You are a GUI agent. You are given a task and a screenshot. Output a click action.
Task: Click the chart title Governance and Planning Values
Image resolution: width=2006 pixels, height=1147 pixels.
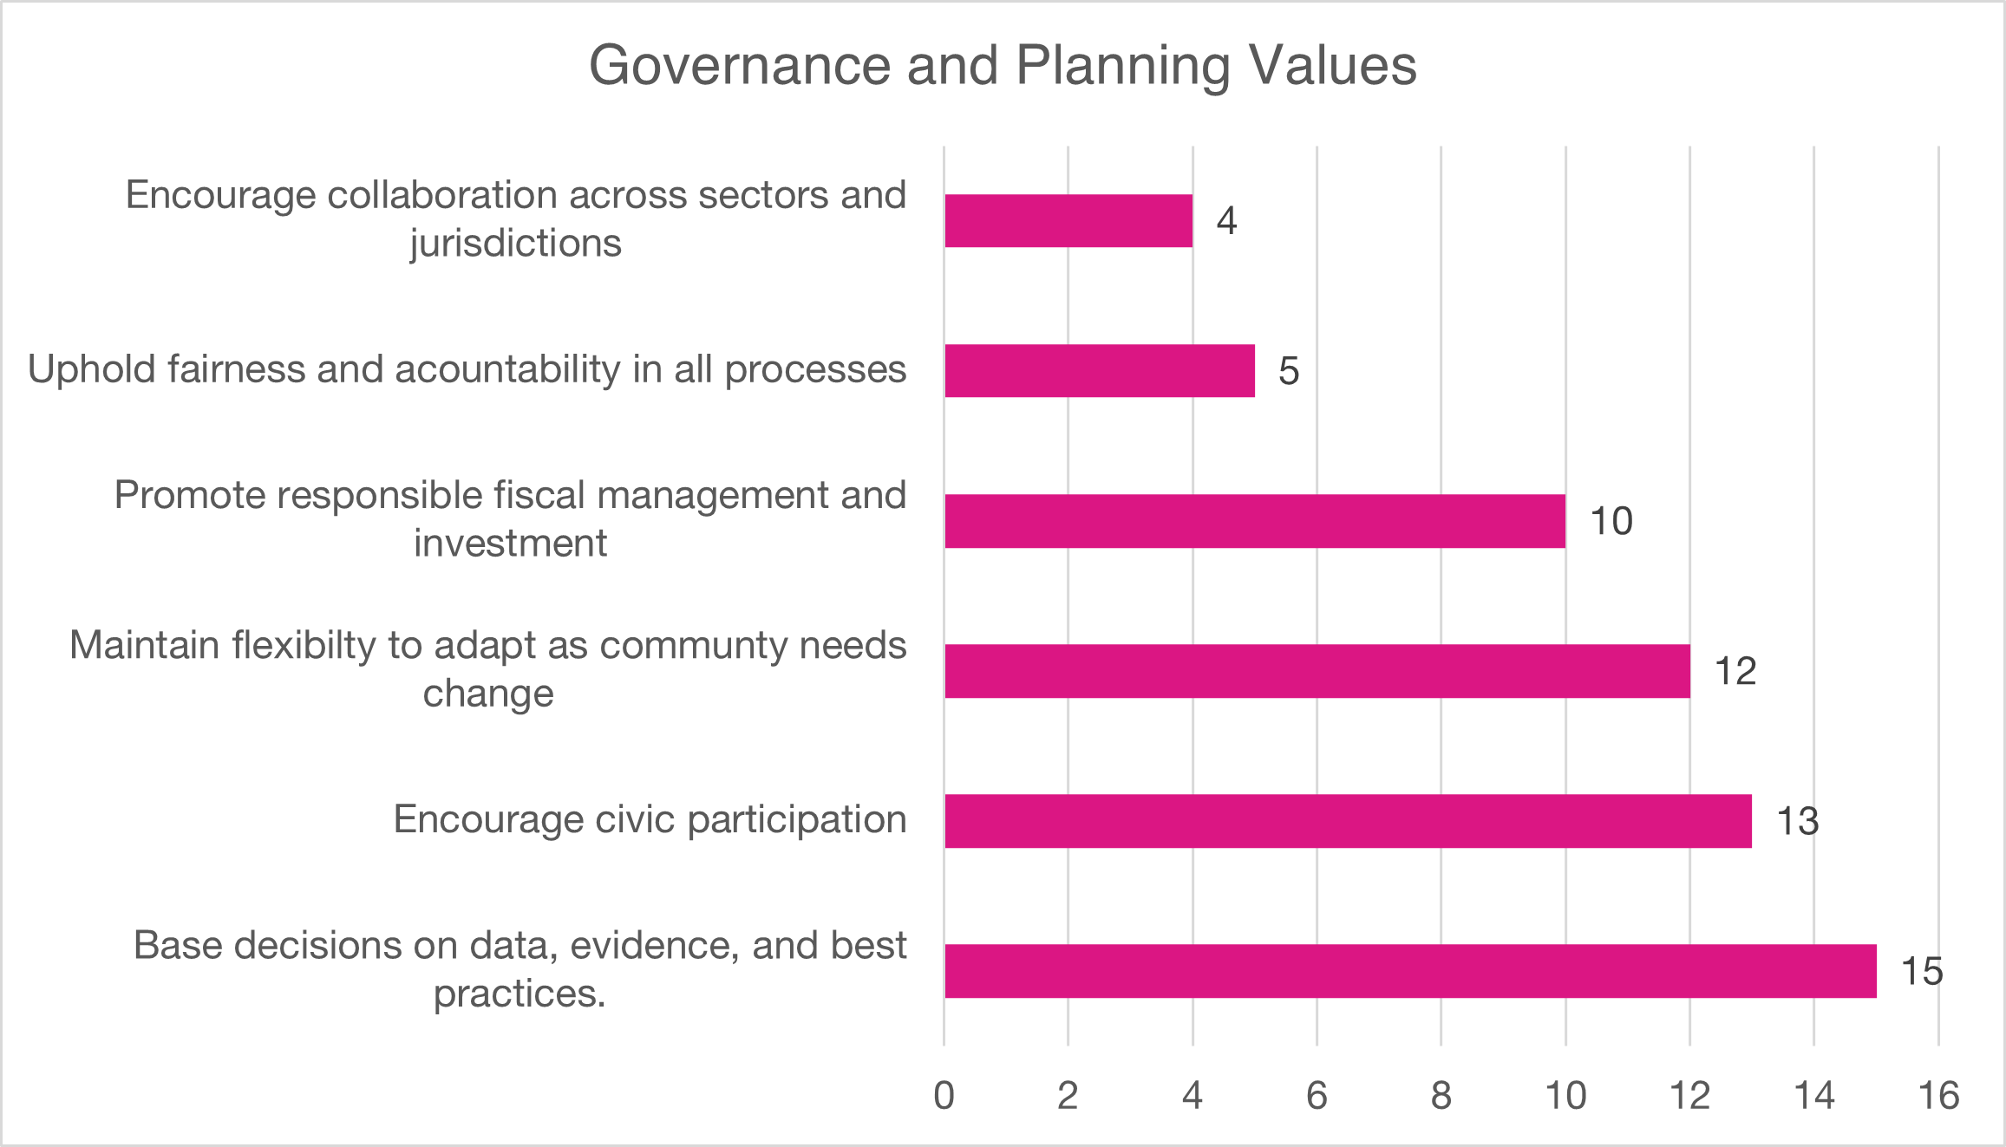(x=1003, y=66)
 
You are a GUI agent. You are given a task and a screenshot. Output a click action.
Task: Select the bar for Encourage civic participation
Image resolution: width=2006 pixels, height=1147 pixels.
(x=1348, y=820)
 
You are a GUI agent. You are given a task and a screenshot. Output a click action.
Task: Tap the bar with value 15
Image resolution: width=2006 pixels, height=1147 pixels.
(x=1410, y=970)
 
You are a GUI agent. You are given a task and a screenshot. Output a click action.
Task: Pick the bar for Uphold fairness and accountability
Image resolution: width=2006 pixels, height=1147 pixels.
(x=1100, y=370)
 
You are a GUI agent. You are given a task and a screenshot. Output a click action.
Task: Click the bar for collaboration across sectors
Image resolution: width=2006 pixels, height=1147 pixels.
(x=1068, y=220)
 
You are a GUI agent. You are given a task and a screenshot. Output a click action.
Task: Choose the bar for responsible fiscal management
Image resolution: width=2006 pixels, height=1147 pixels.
(x=1255, y=520)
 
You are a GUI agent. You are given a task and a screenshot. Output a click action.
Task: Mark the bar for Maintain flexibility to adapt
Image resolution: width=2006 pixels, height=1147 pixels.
(x=1317, y=670)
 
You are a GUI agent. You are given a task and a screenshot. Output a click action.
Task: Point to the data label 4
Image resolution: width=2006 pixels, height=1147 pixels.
(x=1226, y=221)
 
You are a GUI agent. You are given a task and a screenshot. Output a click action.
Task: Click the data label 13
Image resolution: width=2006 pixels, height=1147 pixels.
(x=1797, y=821)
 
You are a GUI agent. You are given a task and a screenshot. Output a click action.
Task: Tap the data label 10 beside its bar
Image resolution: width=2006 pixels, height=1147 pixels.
(x=1611, y=521)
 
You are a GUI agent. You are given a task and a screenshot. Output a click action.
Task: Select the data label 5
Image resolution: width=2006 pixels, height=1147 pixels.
(x=1289, y=371)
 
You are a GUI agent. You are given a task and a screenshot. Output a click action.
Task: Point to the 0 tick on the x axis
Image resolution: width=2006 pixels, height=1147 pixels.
(x=944, y=1096)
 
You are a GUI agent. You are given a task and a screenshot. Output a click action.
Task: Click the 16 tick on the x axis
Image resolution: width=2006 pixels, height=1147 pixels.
(x=1938, y=1096)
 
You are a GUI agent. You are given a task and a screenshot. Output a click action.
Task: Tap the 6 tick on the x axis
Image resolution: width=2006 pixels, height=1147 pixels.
(x=1317, y=1096)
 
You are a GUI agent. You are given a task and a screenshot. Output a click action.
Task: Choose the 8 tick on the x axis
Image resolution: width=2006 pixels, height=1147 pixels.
(x=1441, y=1096)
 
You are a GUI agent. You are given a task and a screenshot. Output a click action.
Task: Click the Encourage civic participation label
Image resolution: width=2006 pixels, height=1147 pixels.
(x=650, y=819)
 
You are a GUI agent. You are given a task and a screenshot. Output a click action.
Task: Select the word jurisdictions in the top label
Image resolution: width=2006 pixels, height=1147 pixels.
(x=516, y=244)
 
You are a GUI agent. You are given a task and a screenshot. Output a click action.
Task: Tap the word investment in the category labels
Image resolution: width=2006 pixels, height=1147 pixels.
(x=510, y=544)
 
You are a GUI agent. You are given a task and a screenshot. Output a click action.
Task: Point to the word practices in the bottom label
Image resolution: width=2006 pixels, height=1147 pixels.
(x=518, y=994)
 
